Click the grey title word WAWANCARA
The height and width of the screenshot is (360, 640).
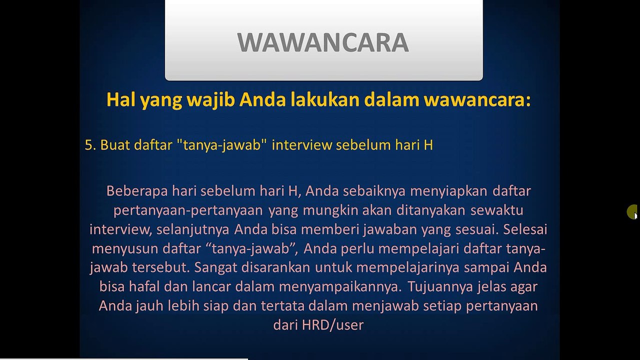[323, 42]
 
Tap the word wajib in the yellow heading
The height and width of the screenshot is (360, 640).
[211, 100]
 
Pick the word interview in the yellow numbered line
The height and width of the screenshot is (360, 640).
[301, 145]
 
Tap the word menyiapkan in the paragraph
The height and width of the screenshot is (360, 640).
[449, 191]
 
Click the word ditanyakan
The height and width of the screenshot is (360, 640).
[431, 211]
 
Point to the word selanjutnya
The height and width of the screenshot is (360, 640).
[193, 230]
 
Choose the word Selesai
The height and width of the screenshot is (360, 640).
[525, 229]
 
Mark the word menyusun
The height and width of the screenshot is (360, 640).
[125, 249]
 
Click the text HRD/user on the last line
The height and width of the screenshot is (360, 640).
[332, 325]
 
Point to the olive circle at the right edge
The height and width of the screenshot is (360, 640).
[631, 211]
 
